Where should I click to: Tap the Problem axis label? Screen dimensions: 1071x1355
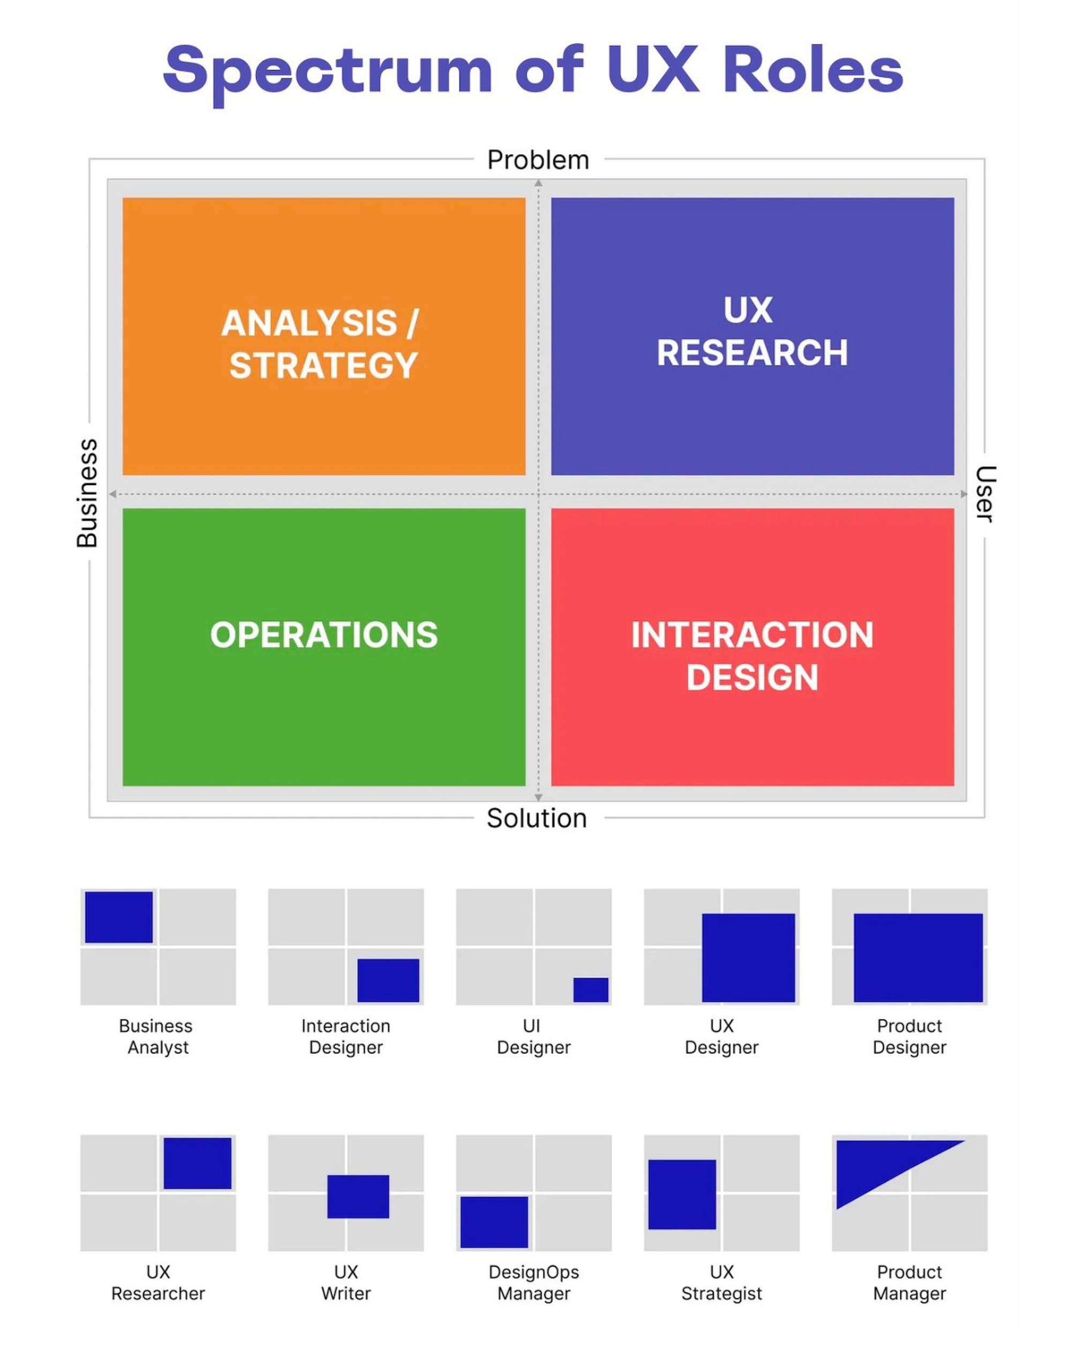click(538, 161)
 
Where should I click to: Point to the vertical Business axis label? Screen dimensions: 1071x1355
click(87, 493)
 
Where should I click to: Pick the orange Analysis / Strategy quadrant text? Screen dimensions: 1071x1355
click(321, 344)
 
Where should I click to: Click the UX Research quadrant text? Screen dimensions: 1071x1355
click(752, 331)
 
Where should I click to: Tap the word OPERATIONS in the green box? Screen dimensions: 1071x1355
click(323, 634)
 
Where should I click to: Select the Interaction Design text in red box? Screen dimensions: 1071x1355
click(752, 656)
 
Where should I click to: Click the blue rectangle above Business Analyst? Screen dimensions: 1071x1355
click(119, 917)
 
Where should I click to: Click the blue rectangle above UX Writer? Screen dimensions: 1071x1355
click(358, 1197)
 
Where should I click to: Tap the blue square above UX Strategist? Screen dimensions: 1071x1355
click(682, 1194)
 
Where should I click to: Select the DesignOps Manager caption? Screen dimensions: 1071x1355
click(533, 1282)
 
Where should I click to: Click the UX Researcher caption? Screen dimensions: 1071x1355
click(158, 1282)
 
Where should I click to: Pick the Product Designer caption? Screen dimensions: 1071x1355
click(909, 1036)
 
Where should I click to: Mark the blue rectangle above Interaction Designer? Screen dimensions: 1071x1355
click(388, 980)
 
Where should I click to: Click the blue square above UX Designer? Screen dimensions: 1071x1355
click(748, 958)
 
